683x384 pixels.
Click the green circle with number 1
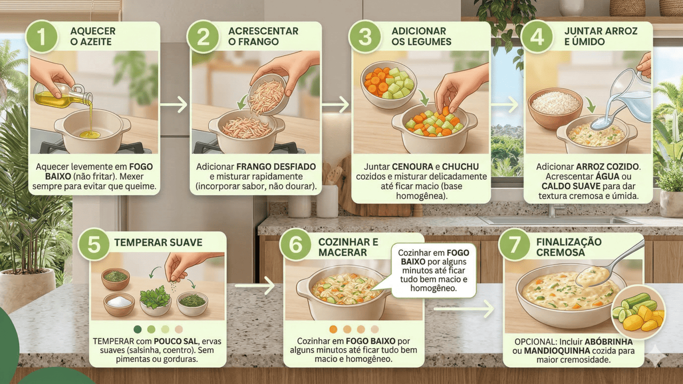tap(42, 37)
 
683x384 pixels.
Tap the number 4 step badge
tap(537, 37)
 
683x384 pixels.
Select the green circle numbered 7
tap(514, 244)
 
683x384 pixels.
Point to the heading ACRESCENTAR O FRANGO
tap(263, 36)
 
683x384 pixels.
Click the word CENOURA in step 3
tap(412, 167)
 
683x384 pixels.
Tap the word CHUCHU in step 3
tap(460, 167)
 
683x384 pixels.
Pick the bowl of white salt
tap(119, 303)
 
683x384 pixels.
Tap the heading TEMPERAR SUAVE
tap(158, 243)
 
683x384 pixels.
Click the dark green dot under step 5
tap(138, 329)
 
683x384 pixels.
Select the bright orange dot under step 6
tap(333, 329)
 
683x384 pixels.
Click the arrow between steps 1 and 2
tap(174, 105)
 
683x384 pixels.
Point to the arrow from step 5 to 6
tap(255, 285)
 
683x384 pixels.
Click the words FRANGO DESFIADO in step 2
tap(276, 167)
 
